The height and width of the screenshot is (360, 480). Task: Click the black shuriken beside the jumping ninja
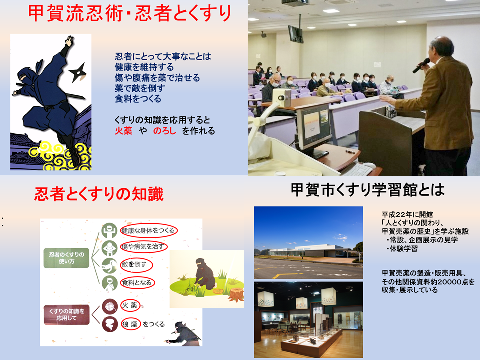pyautogui.click(x=78, y=73)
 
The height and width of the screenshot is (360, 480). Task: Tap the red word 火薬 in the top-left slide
pyautogui.click(x=123, y=131)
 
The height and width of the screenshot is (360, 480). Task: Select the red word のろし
pyautogui.click(x=164, y=131)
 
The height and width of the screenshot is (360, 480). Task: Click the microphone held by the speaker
pyautogui.click(x=421, y=66)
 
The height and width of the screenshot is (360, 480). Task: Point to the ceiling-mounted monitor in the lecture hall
pyautogui.click(x=295, y=34)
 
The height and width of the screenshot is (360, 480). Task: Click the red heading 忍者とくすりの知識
pyautogui.click(x=99, y=194)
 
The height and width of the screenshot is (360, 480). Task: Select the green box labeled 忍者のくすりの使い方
pyautogui.click(x=66, y=258)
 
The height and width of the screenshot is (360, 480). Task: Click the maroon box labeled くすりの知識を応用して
pyautogui.click(x=66, y=314)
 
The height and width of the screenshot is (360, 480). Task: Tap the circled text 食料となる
pyautogui.click(x=137, y=283)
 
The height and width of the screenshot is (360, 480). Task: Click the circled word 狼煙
pyautogui.click(x=130, y=324)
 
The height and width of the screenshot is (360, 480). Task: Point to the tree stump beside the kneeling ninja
pyautogui.click(x=236, y=294)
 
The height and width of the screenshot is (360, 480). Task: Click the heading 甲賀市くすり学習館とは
pyautogui.click(x=367, y=190)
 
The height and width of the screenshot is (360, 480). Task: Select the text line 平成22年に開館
pyautogui.click(x=407, y=214)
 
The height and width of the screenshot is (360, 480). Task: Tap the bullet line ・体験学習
pyautogui.click(x=401, y=249)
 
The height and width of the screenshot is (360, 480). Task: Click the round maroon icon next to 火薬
pyautogui.click(x=110, y=306)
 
